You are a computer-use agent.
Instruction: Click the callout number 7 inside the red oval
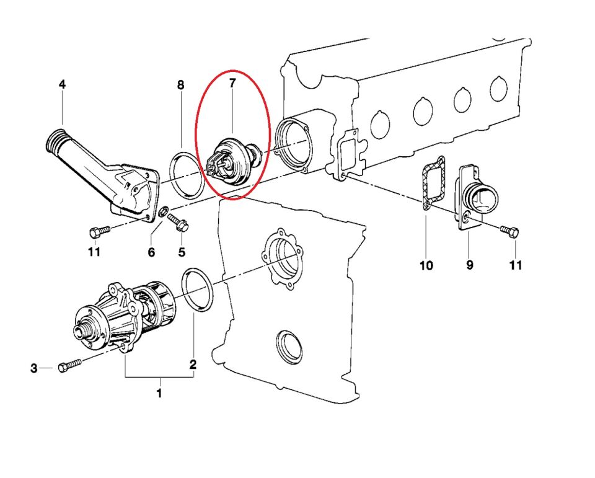tap(232, 83)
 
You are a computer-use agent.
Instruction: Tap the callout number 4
tap(61, 84)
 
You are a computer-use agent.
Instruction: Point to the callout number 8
tap(180, 85)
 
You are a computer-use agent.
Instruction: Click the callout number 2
tap(193, 365)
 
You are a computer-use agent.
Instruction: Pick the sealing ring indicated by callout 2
tap(198, 291)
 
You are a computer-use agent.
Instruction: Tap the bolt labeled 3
tap(69, 365)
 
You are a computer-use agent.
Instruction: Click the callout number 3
tap(34, 369)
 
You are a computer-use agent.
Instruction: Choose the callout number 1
tap(159, 393)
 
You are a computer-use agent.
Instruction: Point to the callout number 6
tap(151, 252)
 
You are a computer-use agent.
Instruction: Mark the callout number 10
tap(426, 265)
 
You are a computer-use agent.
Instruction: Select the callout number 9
tap(469, 265)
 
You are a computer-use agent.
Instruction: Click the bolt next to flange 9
tap(510, 232)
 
